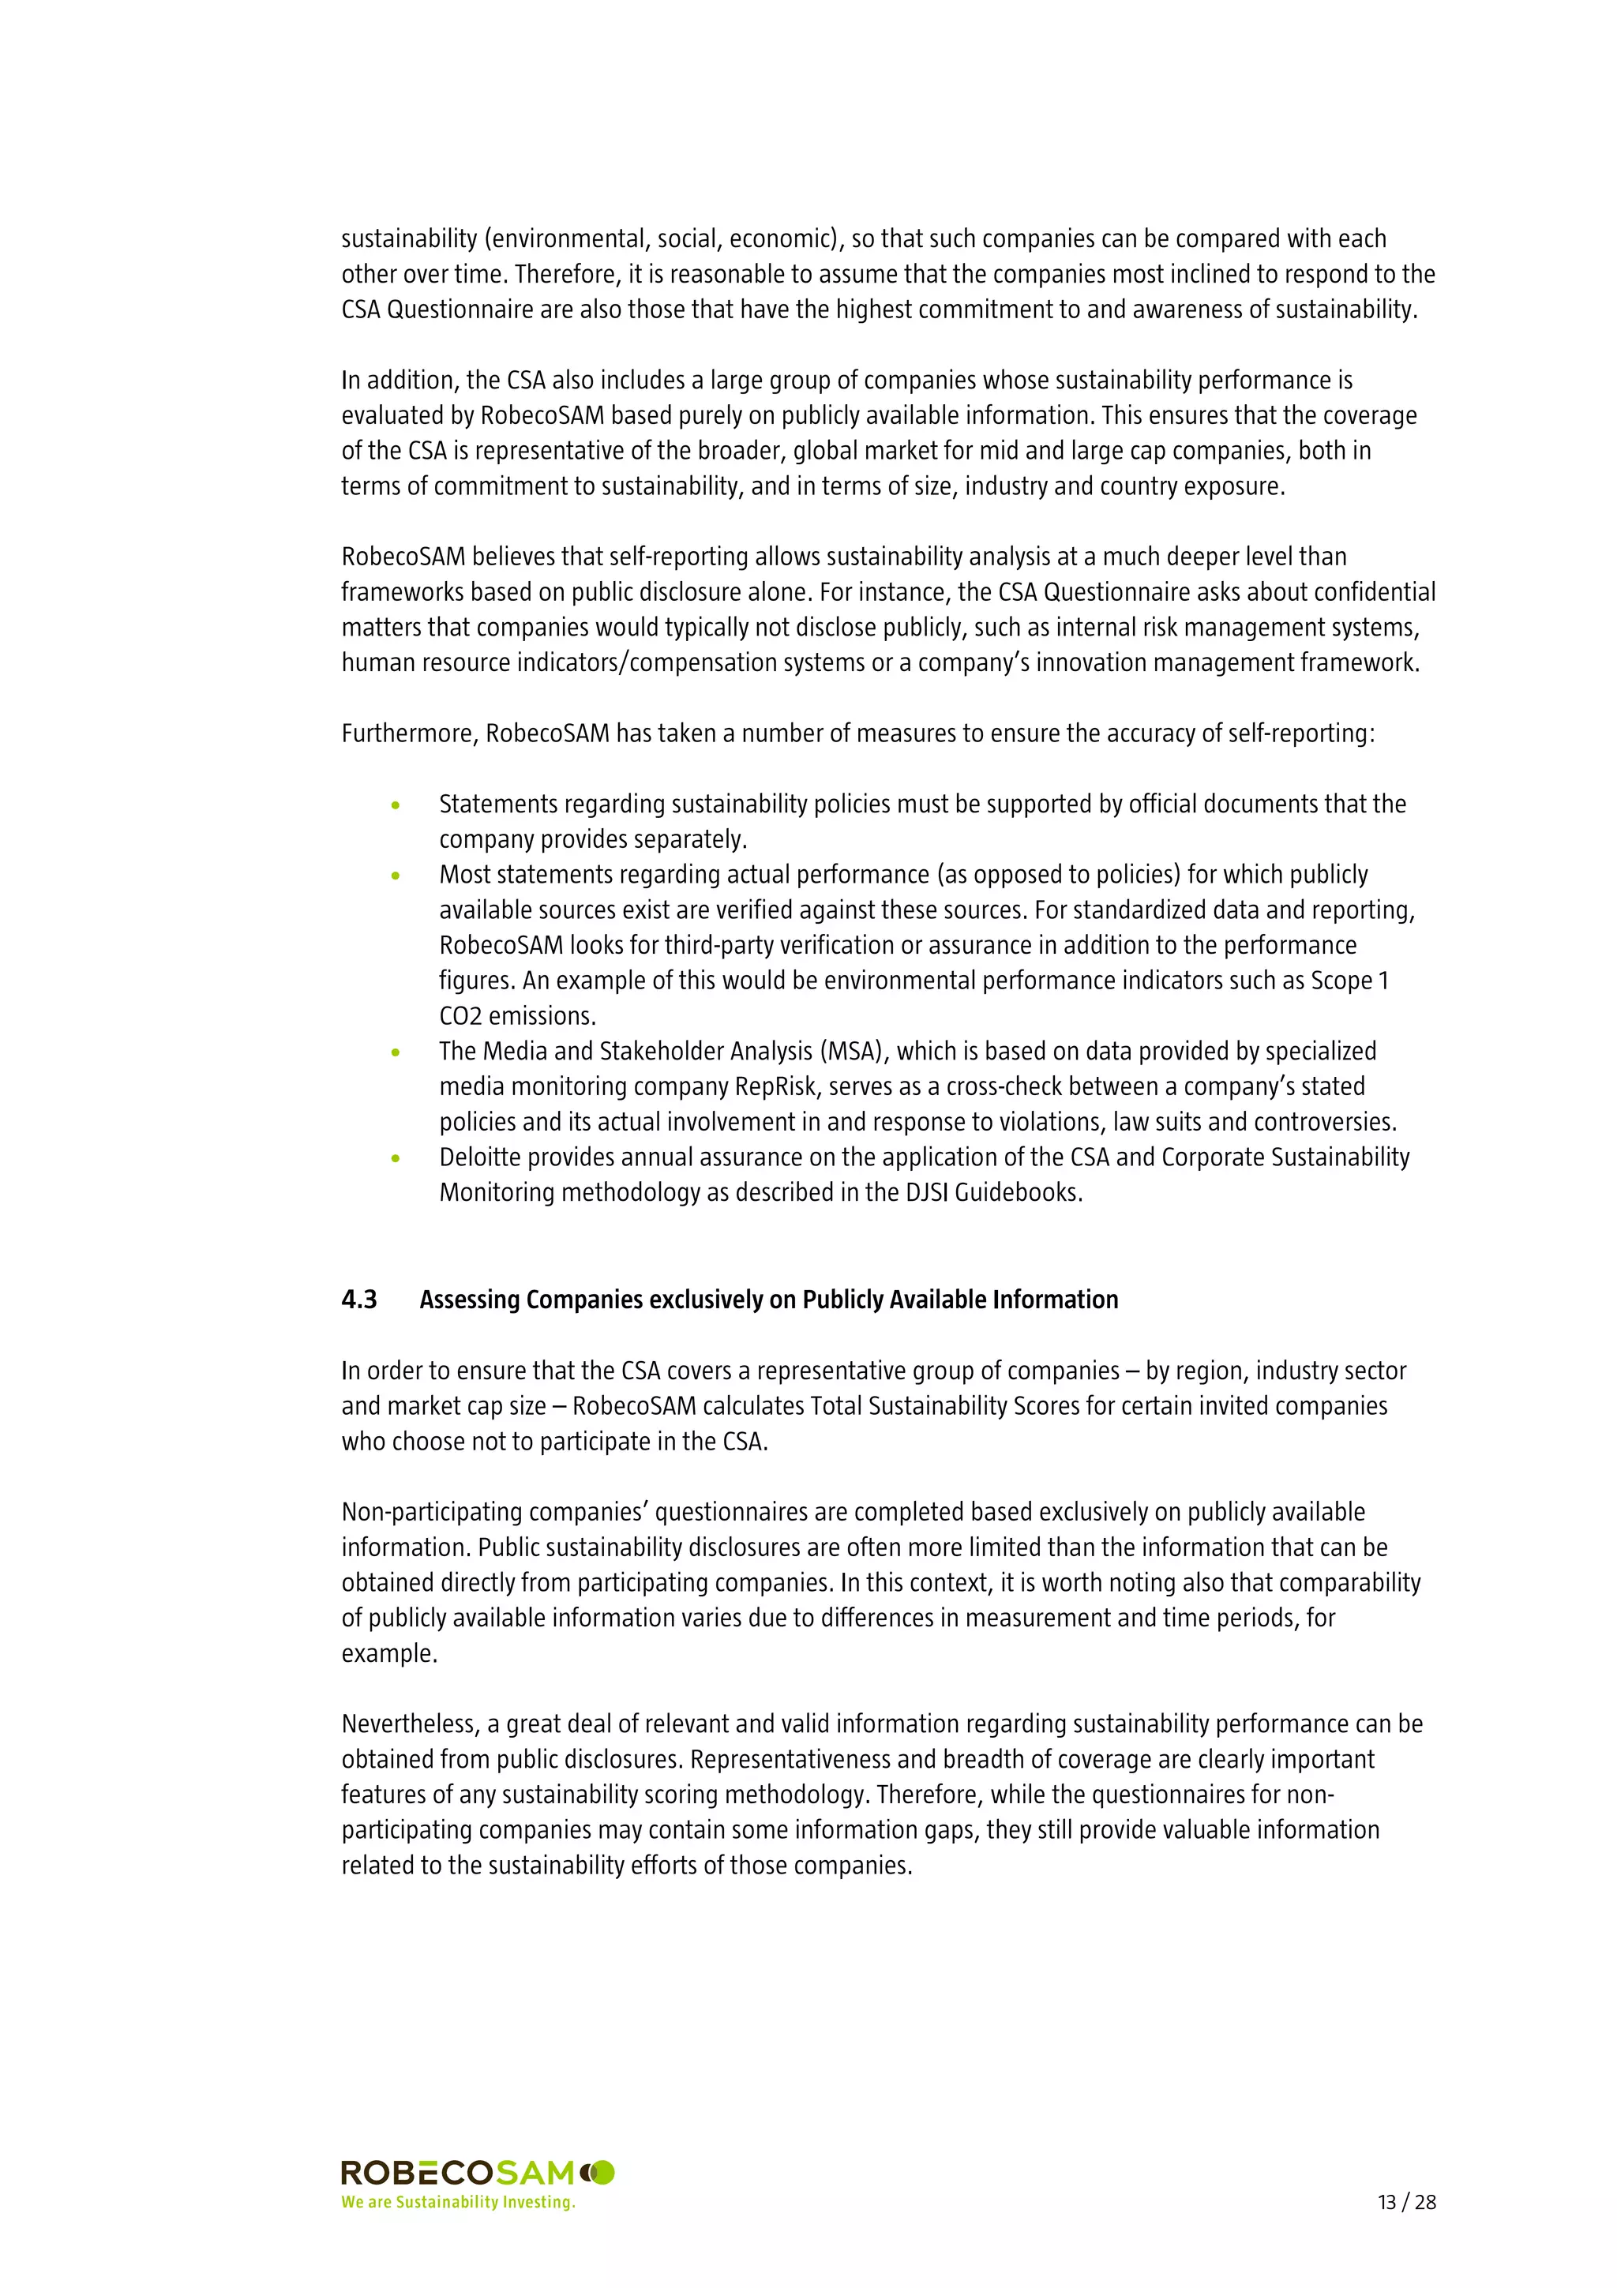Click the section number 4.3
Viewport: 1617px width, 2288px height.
coord(358,1300)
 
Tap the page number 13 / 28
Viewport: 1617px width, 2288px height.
coord(1405,2201)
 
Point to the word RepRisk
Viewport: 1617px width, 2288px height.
coord(775,1086)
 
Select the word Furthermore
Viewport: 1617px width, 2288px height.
coord(410,733)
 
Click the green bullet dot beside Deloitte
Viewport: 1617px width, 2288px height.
coord(396,1158)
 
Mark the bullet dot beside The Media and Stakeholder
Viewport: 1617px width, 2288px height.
coord(396,1052)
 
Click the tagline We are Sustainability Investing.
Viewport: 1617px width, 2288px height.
coord(458,2201)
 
